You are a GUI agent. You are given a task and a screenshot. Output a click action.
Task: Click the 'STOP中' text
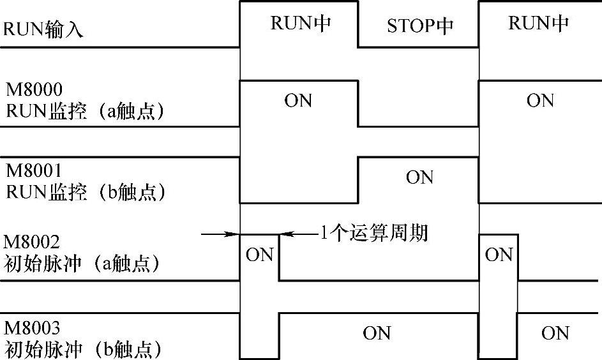[x=419, y=26]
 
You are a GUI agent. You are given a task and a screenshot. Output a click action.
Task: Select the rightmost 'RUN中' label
[x=538, y=24]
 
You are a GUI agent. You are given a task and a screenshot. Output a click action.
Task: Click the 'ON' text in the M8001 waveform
[x=419, y=177]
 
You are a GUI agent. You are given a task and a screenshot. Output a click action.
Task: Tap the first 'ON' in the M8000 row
[x=298, y=101]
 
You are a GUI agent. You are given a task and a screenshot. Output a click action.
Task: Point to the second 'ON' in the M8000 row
[x=540, y=101]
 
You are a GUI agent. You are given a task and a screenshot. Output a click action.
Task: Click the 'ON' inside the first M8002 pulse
[x=259, y=255]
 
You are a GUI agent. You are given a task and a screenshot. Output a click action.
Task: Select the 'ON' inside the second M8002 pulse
[x=499, y=255]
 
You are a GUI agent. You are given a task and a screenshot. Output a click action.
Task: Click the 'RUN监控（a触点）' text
[x=86, y=111]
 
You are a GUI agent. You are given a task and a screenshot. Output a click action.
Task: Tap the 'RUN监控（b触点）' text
[x=86, y=192]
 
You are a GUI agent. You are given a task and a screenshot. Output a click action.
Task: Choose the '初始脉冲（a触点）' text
[x=82, y=264]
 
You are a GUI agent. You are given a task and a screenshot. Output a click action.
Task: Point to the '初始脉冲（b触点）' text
[x=82, y=350]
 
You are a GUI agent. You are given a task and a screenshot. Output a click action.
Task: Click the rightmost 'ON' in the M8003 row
[x=555, y=333]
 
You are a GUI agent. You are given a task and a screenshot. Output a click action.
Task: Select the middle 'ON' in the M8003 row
[x=377, y=333]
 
